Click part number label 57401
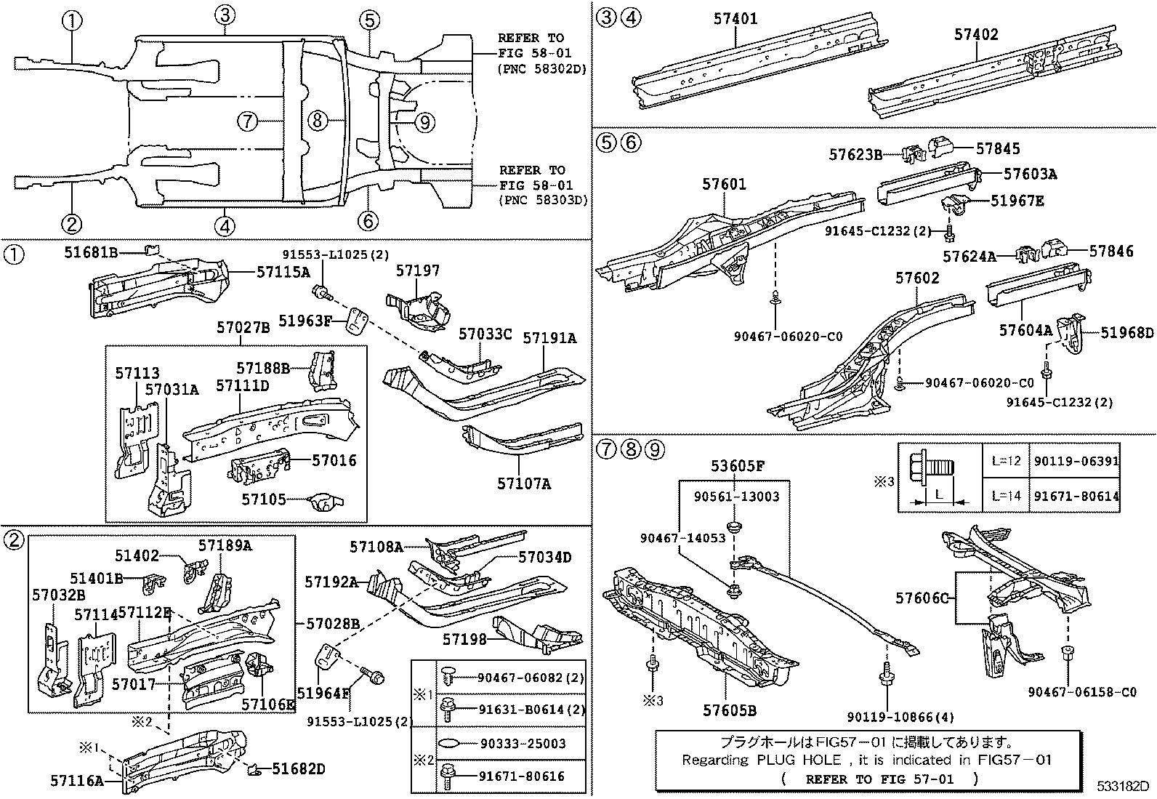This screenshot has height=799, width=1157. pos(735,19)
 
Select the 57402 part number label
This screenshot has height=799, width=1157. pos(976,34)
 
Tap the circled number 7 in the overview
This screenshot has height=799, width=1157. pos(248,121)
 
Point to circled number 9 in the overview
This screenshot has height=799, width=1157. pos(424,121)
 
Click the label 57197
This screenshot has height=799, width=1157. pos(417,270)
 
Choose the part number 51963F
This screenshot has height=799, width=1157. pos(305,319)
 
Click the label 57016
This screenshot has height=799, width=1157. pos(334,460)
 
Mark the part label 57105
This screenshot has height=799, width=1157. pos(263,499)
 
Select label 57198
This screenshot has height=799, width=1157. pos(464,639)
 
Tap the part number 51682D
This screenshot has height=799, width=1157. pos(299,768)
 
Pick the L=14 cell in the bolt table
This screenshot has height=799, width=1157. pos(1006,496)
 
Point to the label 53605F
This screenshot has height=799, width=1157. pos(737,466)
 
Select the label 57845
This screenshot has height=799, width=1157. pos(998,148)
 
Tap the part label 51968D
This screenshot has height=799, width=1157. pos(1126,332)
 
